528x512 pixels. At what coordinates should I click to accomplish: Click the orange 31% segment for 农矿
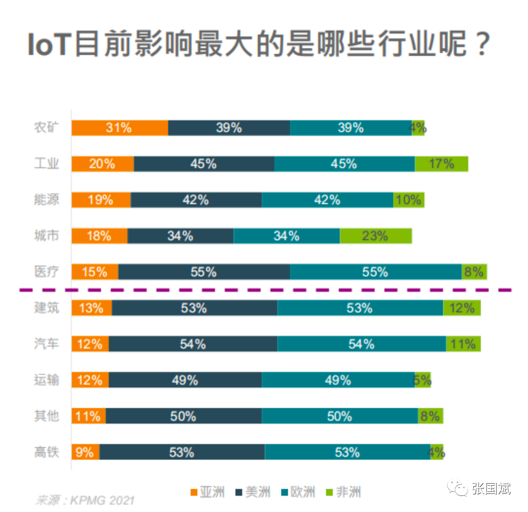pyautogui.click(x=120, y=128)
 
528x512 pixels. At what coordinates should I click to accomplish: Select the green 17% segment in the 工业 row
pyautogui.click(x=441, y=164)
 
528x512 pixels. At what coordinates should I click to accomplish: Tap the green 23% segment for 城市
pyautogui.click(x=376, y=236)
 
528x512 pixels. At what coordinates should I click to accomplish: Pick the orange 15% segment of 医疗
pyautogui.click(x=95, y=272)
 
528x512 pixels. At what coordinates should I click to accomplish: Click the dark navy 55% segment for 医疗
pyautogui.click(x=204, y=272)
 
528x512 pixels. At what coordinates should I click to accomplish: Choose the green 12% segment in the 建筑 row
pyautogui.click(x=462, y=308)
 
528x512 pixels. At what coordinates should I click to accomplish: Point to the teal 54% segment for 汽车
pyautogui.click(x=361, y=344)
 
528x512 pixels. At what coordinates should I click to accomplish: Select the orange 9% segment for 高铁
pyautogui.click(x=85, y=453)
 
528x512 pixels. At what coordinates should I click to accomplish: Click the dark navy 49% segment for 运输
pyautogui.click(x=185, y=380)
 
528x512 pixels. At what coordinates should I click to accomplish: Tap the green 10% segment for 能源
pyautogui.click(x=409, y=200)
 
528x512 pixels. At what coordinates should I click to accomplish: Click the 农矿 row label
pyautogui.click(x=47, y=128)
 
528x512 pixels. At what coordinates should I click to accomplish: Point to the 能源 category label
pyautogui.click(x=47, y=200)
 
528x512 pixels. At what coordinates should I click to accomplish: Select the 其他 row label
pyautogui.click(x=47, y=416)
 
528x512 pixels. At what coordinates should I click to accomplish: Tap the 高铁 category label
pyautogui.click(x=47, y=453)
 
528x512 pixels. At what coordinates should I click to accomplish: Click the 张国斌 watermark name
pyautogui.click(x=491, y=488)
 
